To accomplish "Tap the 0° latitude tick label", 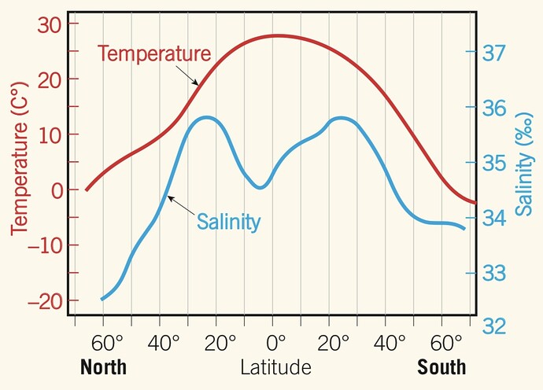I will click(x=275, y=344).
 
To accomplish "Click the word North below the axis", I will click(x=104, y=367).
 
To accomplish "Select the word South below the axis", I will click(x=441, y=367).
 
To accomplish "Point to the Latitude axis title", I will click(x=275, y=367).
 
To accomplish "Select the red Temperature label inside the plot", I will click(x=154, y=54).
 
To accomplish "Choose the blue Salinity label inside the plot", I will click(x=228, y=222).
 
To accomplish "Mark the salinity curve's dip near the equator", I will click(x=259, y=186).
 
